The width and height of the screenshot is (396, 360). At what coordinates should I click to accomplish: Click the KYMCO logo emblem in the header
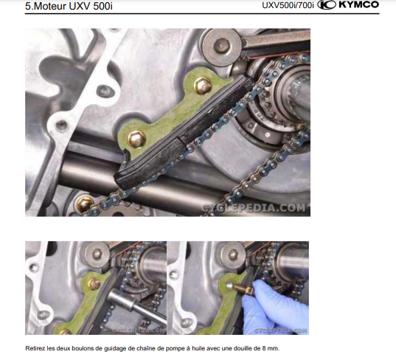click(326, 5)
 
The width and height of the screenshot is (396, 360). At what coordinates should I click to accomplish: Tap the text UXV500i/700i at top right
click(288, 5)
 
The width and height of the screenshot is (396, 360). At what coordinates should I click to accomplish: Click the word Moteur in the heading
click(49, 7)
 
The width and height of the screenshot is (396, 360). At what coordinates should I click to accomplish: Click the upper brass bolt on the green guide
click(203, 86)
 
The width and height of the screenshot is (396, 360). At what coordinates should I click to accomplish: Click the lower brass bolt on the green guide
click(136, 139)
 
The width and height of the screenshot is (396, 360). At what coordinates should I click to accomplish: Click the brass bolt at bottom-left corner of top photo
click(85, 204)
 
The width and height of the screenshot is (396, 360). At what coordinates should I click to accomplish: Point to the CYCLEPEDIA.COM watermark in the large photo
click(253, 208)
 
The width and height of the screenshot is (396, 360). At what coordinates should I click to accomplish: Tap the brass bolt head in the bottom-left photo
click(94, 284)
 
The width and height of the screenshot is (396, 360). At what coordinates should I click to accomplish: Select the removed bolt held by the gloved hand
click(243, 288)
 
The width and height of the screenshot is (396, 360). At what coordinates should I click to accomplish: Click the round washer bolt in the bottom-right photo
click(233, 255)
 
